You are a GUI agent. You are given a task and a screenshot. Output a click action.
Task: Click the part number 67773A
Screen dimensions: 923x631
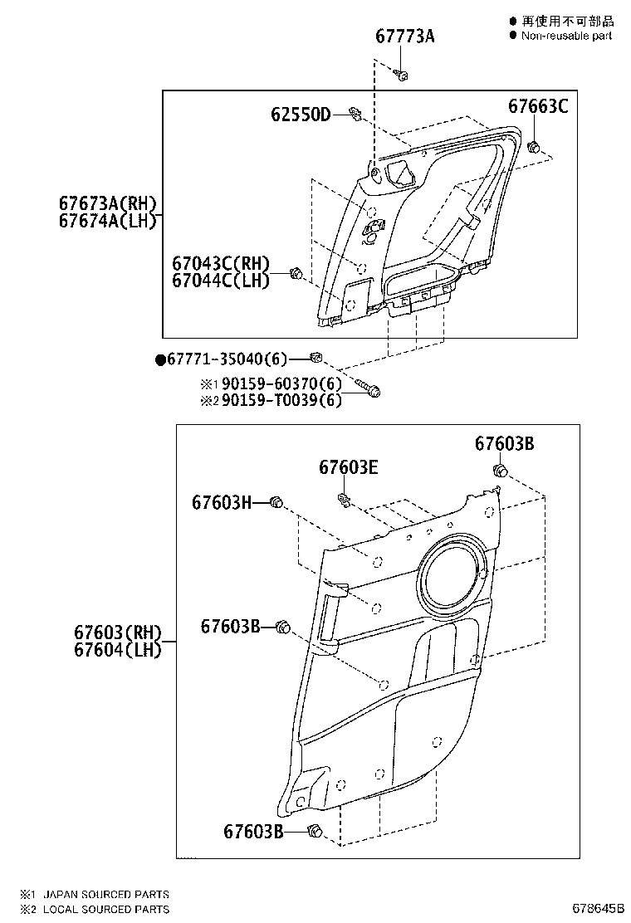click(x=404, y=37)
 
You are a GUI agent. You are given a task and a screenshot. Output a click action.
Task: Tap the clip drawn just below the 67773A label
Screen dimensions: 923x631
click(x=402, y=75)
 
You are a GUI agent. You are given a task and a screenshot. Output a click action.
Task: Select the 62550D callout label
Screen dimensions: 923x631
click(x=300, y=114)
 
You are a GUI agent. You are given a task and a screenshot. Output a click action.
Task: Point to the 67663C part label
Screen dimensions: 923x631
click(x=538, y=105)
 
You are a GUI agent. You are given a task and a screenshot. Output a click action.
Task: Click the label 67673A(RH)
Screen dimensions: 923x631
click(x=107, y=203)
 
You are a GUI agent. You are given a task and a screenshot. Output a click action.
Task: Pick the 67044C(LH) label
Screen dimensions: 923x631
click(x=221, y=281)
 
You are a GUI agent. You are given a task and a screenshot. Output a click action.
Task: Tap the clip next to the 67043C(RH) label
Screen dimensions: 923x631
click(x=295, y=273)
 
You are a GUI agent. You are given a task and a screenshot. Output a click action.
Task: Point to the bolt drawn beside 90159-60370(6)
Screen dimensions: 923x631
click(x=370, y=388)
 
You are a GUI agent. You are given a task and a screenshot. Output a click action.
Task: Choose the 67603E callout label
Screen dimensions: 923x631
click(x=349, y=467)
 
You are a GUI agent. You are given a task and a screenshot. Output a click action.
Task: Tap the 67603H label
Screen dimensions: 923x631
click(x=222, y=502)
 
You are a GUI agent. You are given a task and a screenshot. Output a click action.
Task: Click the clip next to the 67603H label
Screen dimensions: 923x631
click(x=277, y=501)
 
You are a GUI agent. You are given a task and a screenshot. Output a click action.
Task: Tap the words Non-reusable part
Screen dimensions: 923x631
click(x=566, y=36)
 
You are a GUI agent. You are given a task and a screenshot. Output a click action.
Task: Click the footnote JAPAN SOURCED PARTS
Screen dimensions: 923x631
click(x=105, y=894)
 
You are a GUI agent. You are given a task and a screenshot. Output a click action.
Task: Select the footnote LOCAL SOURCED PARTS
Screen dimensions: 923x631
click(x=105, y=909)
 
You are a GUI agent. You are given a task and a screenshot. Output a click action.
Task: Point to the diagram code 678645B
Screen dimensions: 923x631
click(x=596, y=909)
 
